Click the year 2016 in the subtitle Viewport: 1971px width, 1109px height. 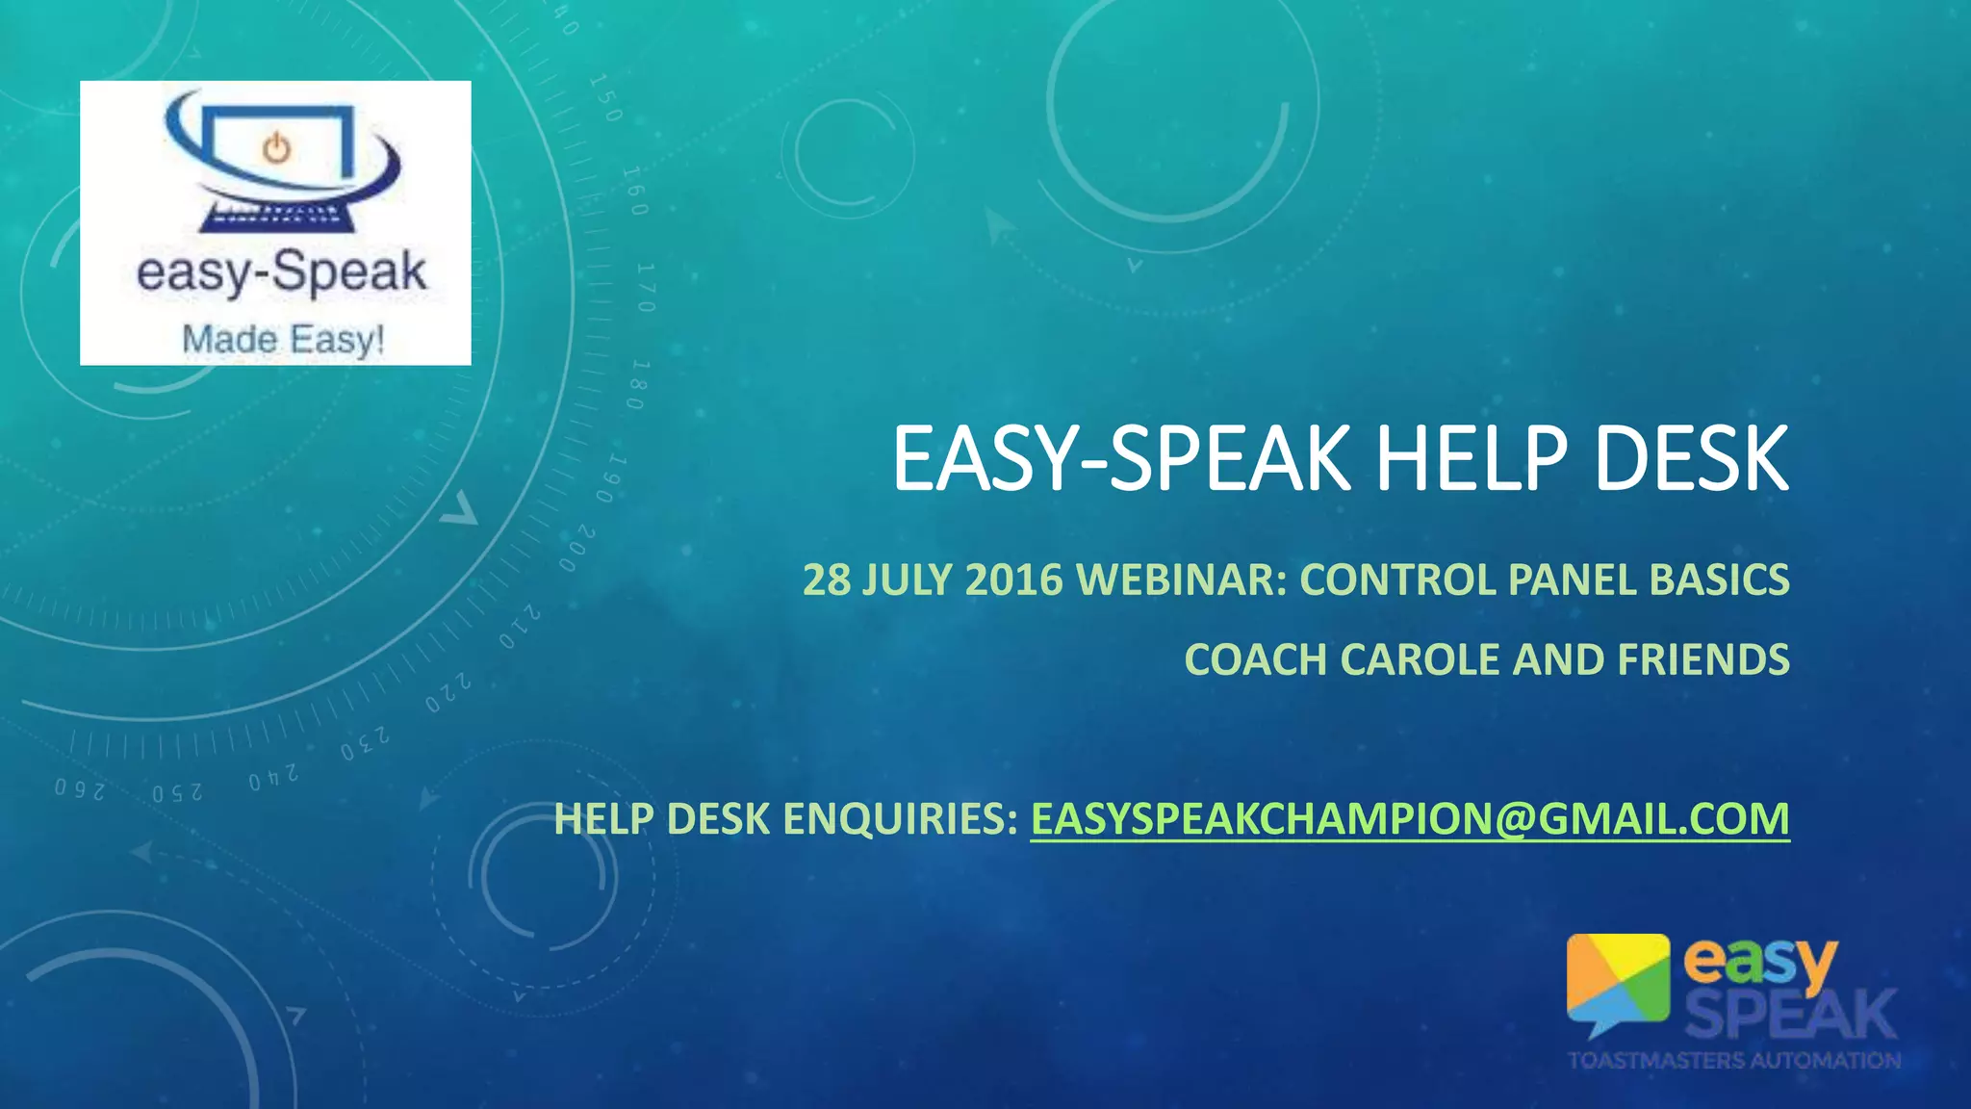[x=1013, y=580]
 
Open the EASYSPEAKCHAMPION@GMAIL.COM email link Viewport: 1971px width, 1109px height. [x=1410, y=819]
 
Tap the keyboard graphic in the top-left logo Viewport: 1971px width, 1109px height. [x=276, y=217]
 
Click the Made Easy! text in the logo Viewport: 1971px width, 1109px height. [x=283, y=339]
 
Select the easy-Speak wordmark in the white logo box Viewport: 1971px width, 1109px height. [x=281, y=272]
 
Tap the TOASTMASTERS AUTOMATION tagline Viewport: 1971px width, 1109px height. [x=1734, y=1061]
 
